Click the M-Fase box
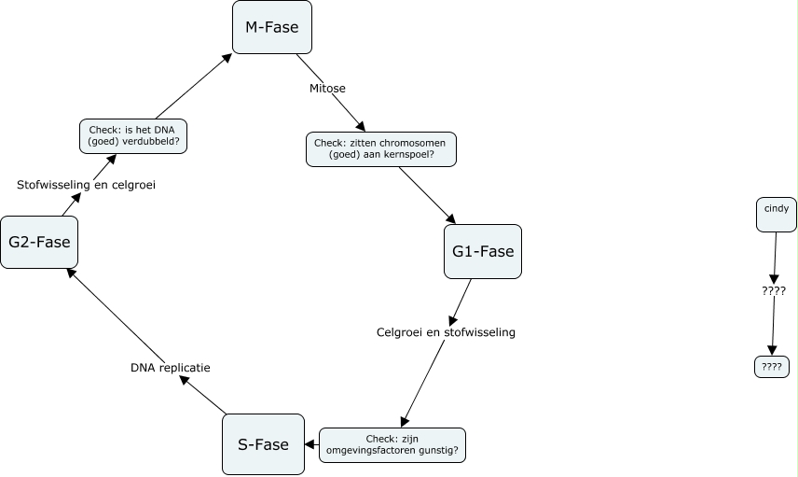[x=271, y=27]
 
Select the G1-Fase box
[x=482, y=251]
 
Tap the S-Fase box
[x=263, y=444]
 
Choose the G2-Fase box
[x=38, y=242]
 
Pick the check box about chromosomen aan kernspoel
[x=380, y=149]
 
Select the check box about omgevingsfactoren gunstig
[x=392, y=444]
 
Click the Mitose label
[x=327, y=89]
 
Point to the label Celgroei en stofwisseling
[x=446, y=331]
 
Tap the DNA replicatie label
[x=170, y=368]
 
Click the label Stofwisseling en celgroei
[x=86, y=185]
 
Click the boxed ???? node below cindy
[x=771, y=367]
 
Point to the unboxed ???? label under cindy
[x=773, y=290]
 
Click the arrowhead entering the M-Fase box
[x=228, y=58]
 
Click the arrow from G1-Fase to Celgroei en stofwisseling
[x=461, y=301]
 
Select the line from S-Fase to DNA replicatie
[x=203, y=395]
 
